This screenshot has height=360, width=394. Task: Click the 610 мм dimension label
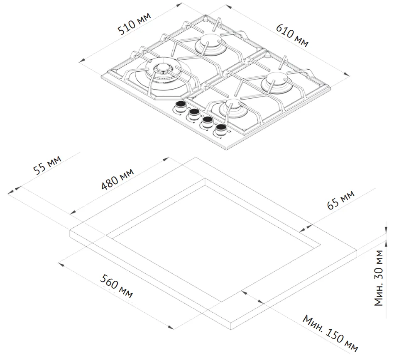292,34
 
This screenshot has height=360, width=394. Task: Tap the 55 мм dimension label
47,166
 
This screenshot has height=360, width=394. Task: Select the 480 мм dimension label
117,179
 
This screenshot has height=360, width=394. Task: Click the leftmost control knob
180,106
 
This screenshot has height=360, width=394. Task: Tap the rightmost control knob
220,130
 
